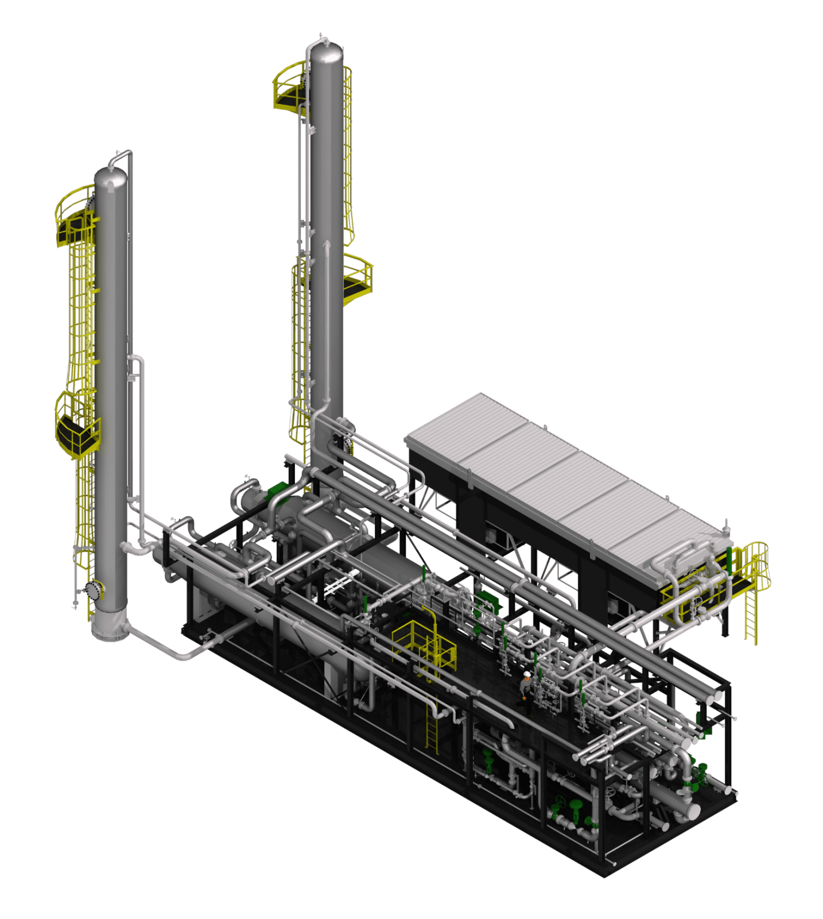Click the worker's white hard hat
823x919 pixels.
point(526,674)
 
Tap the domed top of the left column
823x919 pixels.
point(111,175)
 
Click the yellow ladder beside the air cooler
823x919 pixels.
point(751,615)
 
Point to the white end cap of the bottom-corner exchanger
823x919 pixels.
point(693,812)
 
